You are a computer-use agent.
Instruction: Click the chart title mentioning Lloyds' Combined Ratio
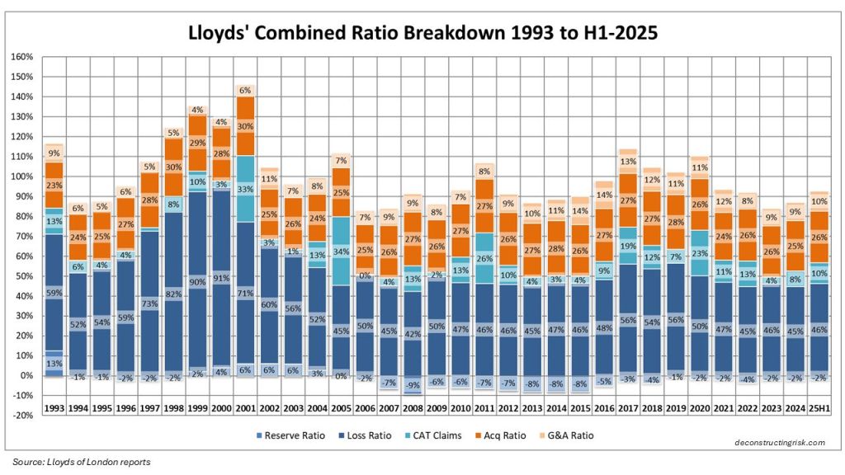(x=422, y=34)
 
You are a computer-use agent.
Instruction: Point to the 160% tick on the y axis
(x=22, y=57)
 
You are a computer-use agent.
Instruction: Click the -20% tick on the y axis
(x=22, y=415)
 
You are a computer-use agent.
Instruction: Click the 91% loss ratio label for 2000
(x=222, y=279)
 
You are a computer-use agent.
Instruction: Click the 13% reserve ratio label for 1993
(x=54, y=363)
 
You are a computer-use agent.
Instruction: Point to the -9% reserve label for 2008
(x=413, y=384)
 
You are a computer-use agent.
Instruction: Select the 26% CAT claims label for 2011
(x=484, y=259)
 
